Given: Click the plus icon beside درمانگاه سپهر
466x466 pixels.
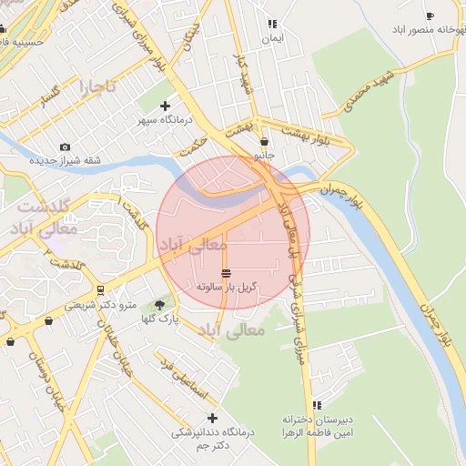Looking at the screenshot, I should [x=164, y=106].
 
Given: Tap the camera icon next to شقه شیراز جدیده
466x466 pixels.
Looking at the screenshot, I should [x=65, y=147].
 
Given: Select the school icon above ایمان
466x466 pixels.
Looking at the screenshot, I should [x=271, y=25].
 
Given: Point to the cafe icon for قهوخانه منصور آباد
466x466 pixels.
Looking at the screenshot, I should [x=430, y=15].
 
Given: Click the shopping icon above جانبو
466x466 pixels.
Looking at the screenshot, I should [x=264, y=141].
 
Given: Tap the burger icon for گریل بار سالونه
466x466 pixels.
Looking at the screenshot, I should [x=226, y=273].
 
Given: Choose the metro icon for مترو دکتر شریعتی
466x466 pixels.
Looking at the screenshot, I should [x=98, y=290].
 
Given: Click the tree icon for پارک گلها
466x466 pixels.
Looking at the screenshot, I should [x=161, y=305].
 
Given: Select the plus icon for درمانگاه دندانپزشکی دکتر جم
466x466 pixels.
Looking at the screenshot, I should [x=212, y=418].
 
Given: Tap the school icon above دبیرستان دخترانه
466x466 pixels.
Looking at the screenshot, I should [x=317, y=405].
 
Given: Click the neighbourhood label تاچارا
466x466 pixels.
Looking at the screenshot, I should [x=98, y=88].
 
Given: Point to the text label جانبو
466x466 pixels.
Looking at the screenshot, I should [x=263, y=155].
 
